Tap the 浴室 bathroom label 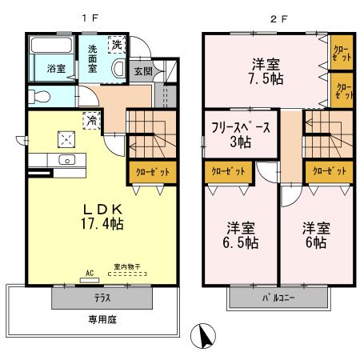coord(54,68)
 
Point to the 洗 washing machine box coord(117,43)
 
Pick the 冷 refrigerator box coord(93,121)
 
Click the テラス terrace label coord(102,297)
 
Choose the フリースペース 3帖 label coord(240,134)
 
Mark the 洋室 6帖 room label coord(314,233)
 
